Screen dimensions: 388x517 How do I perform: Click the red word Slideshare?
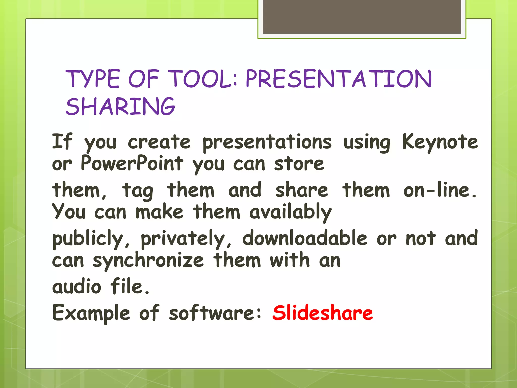pyautogui.click(x=322, y=313)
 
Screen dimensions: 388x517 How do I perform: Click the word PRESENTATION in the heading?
pyautogui.click(x=339, y=79)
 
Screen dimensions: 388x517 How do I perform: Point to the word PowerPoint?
pyautogui.click(x=132, y=163)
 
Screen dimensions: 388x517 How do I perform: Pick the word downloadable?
pyautogui.click(x=305, y=238)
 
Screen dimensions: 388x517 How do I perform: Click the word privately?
pyautogui.click(x=186, y=239)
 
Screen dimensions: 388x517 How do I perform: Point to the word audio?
pyautogui.click(x=76, y=287)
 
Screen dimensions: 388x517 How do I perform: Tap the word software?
pyautogui.click(x=215, y=313)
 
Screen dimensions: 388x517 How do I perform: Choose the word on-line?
pyautogui.click(x=440, y=190)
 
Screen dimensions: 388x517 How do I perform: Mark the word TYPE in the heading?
pyautogui.click(x=93, y=79)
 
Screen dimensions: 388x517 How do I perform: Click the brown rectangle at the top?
pyautogui.click(x=362, y=17)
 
